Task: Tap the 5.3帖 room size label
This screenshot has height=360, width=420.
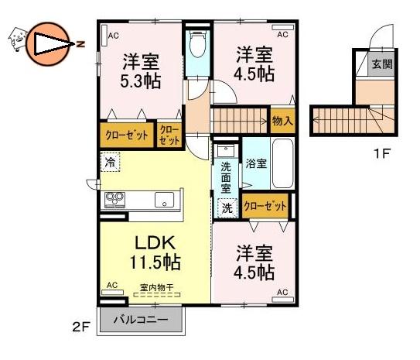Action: coord(140,81)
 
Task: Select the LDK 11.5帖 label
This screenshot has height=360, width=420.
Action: coord(155,252)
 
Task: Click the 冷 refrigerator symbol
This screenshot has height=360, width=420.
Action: coord(110,162)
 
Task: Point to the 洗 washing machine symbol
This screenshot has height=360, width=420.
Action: coord(227,207)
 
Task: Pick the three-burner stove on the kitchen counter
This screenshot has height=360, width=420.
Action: coord(115,200)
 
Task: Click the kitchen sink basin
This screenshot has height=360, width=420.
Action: coord(164,200)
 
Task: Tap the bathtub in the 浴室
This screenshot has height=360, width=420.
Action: coord(282,164)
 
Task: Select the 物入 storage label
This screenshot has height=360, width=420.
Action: coord(282,121)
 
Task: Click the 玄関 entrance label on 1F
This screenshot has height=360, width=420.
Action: coord(382,64)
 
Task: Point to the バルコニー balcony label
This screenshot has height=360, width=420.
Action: coord(141,319)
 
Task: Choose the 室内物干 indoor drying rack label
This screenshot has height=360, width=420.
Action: coord(157,288)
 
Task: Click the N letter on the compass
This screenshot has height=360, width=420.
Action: coord(80,44)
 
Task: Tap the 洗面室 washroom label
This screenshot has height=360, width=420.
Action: coord(226,178)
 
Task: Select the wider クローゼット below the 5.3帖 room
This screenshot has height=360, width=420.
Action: coord(127,135)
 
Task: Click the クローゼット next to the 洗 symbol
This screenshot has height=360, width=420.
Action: coord(265,206)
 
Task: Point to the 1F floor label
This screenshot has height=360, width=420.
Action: coord(381,153)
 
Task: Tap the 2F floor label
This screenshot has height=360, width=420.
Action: coord(80,327)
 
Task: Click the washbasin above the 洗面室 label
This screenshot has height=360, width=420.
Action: coord(226,150)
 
